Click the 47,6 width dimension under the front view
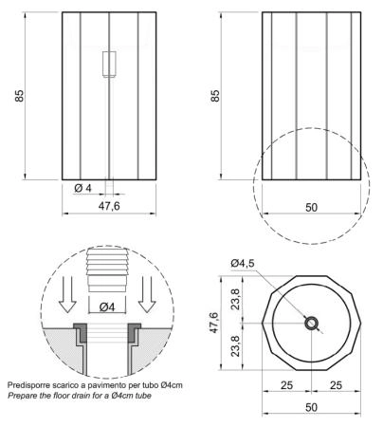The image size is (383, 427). (x=109, y=206)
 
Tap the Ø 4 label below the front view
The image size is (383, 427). (x=82, y=188)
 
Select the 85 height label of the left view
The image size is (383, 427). (x=19, y=96)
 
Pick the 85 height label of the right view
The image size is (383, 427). (x=215, y=96)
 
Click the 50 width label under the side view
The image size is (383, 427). (x=311, y=208)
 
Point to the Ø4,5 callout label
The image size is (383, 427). (x=243, y=263)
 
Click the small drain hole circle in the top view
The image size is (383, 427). (x=312, y=324)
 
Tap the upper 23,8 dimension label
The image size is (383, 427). (x=235, y=299)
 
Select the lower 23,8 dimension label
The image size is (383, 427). (x=235, y=346)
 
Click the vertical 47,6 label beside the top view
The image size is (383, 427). (x=214, y=323)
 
